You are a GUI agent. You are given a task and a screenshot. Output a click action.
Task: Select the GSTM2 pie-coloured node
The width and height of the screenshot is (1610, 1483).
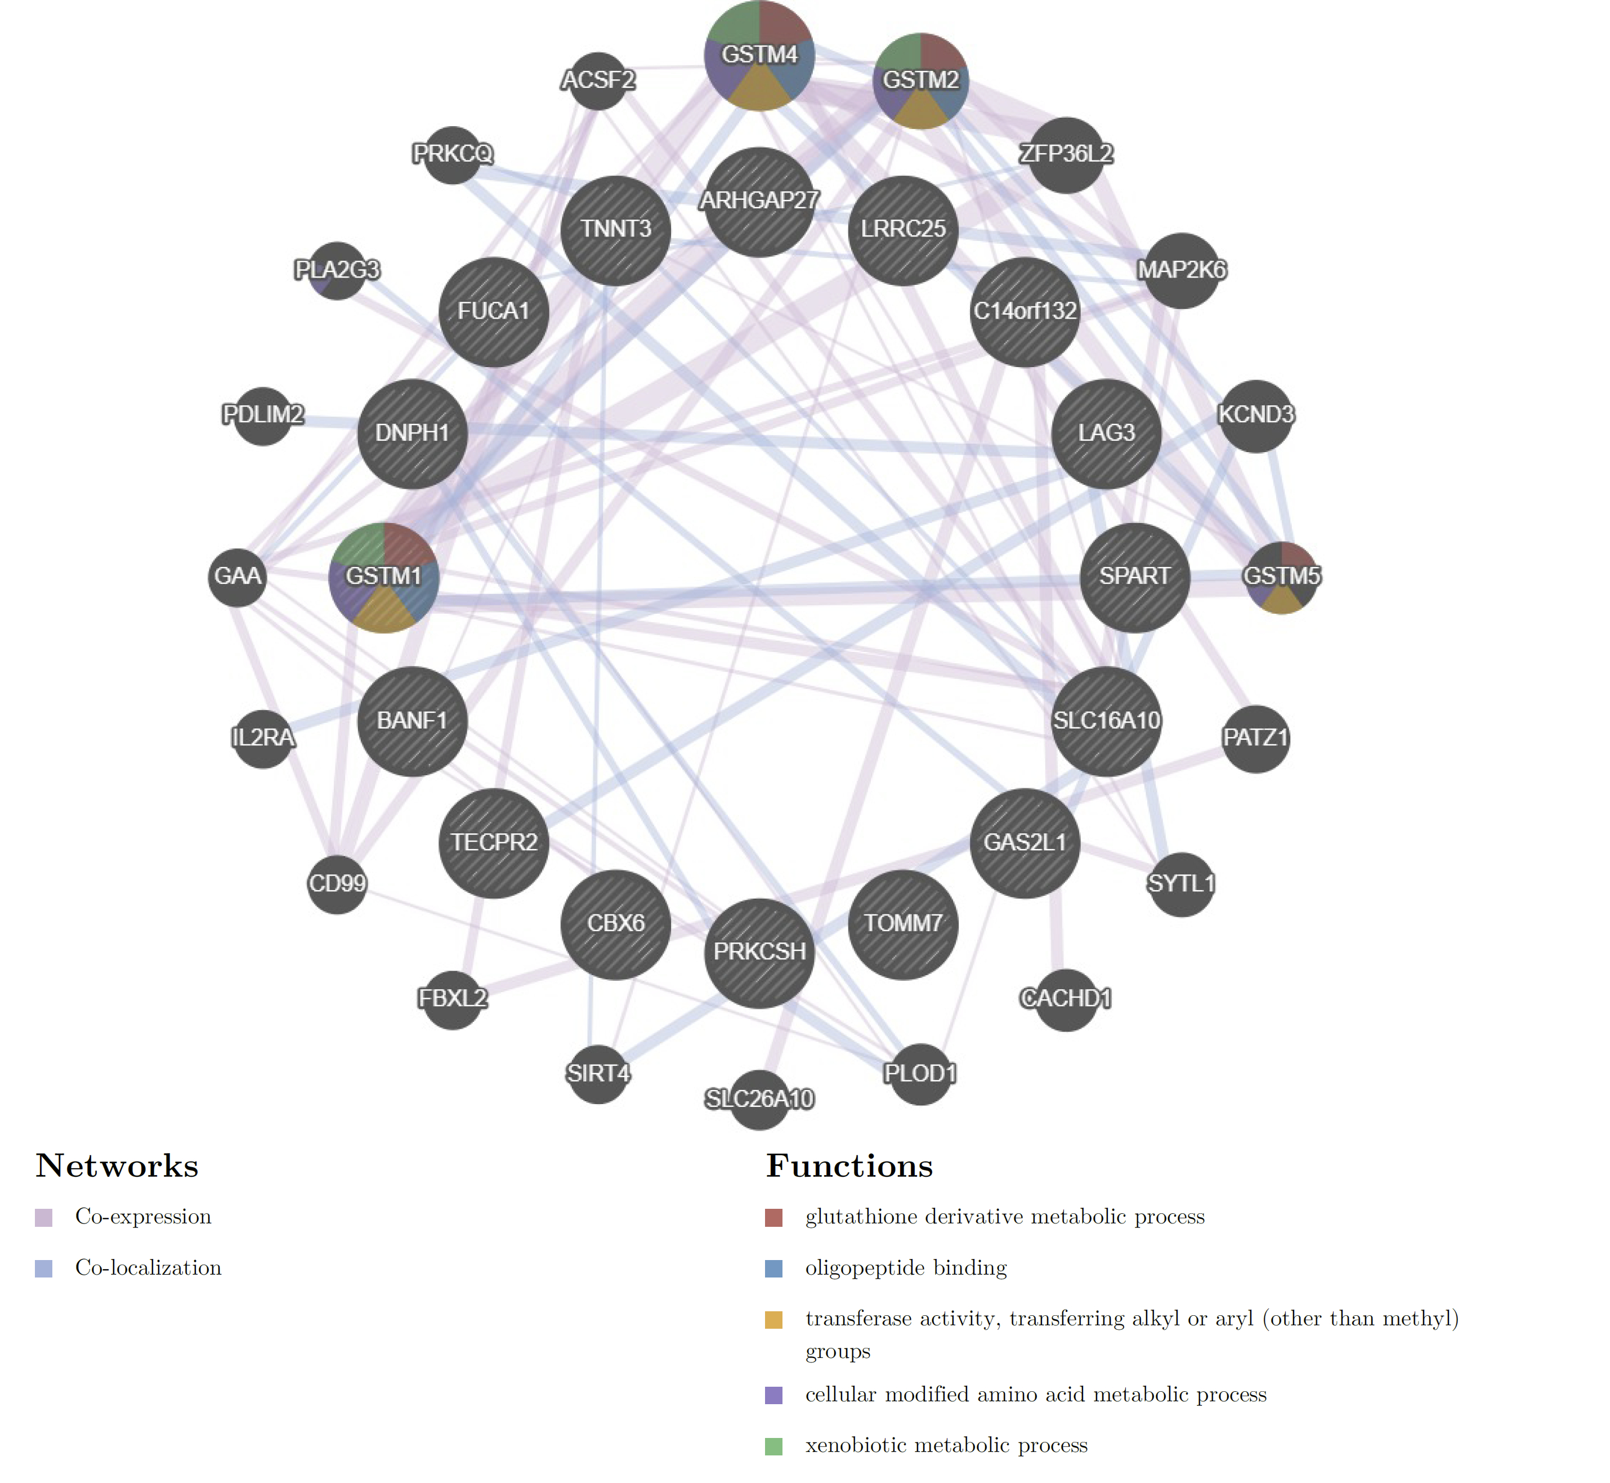(x=920, y=81)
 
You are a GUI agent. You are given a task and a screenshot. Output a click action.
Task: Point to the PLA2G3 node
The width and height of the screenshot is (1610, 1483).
(x=337, y=270)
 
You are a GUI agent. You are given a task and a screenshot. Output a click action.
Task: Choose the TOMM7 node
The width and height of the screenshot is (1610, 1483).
(x=902, y=924)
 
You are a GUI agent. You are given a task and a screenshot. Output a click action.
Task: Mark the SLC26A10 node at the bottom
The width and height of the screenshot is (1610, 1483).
(x=759, y=1098)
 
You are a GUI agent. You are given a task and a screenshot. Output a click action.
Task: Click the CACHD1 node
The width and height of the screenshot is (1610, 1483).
(x=1065, y=998)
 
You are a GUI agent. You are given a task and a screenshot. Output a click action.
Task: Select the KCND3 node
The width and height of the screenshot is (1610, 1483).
(x=1255, y=416)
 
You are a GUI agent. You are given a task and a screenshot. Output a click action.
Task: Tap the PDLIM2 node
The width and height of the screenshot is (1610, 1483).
(x=263, y=416)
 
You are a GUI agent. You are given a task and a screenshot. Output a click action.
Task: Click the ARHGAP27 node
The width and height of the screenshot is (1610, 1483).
(x=759, y=202)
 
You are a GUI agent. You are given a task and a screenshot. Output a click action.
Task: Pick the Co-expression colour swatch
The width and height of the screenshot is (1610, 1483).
(x=44, y=1217)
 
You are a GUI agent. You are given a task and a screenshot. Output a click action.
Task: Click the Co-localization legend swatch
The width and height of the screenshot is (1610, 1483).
(x=44, y=1268)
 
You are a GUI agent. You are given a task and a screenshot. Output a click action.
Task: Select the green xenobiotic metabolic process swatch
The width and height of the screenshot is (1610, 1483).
(x=773, y=1446)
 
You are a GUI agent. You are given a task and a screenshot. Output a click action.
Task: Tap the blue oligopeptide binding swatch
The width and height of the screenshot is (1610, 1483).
(x=773, y=1268)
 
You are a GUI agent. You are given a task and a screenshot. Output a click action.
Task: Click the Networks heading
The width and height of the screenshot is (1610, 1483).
(x=117, y=1166)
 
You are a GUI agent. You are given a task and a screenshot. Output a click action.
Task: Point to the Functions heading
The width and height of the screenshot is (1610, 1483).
(x=849, y=1166)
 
